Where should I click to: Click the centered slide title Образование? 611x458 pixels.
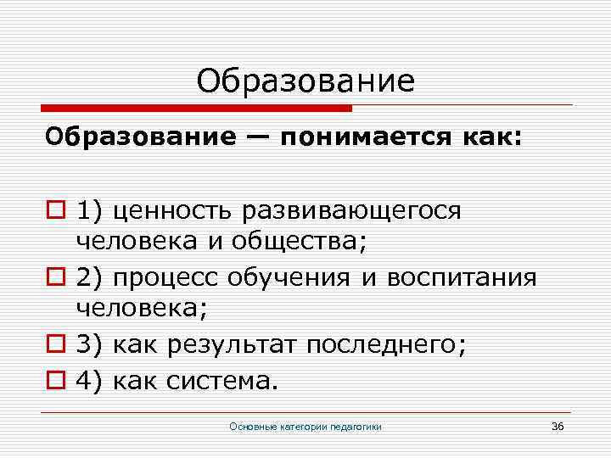tap(305, 81)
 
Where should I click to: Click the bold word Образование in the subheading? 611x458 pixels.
tap(134, 138)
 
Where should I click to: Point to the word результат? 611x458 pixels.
tap(232, 345)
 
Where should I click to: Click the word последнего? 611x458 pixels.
tap(375, 345)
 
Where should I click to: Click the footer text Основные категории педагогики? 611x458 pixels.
tap(305, 426)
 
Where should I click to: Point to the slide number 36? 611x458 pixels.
tap(558, 425)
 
